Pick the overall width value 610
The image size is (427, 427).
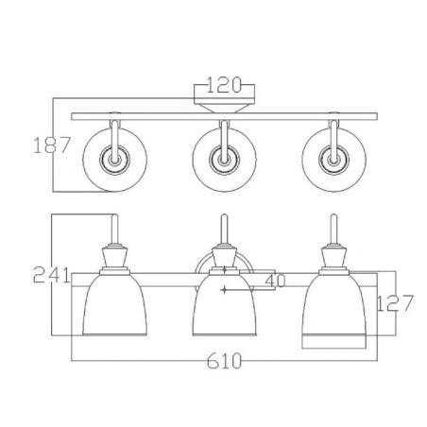(223, 362)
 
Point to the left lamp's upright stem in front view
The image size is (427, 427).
(114, 228)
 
